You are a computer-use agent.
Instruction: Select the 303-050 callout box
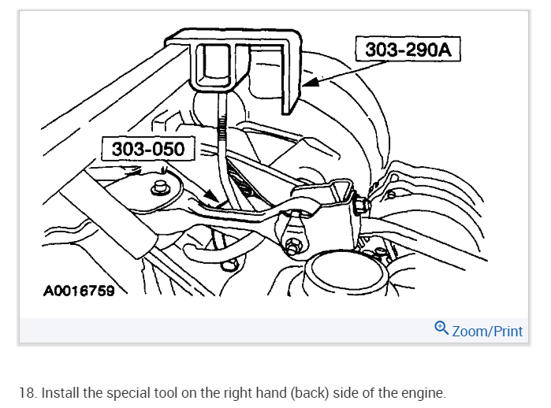148,149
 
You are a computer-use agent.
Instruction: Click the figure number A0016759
79,291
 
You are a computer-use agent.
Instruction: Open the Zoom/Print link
487,331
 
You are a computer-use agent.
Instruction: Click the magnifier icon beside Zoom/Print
441,329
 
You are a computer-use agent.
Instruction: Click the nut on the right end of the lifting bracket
361,206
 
